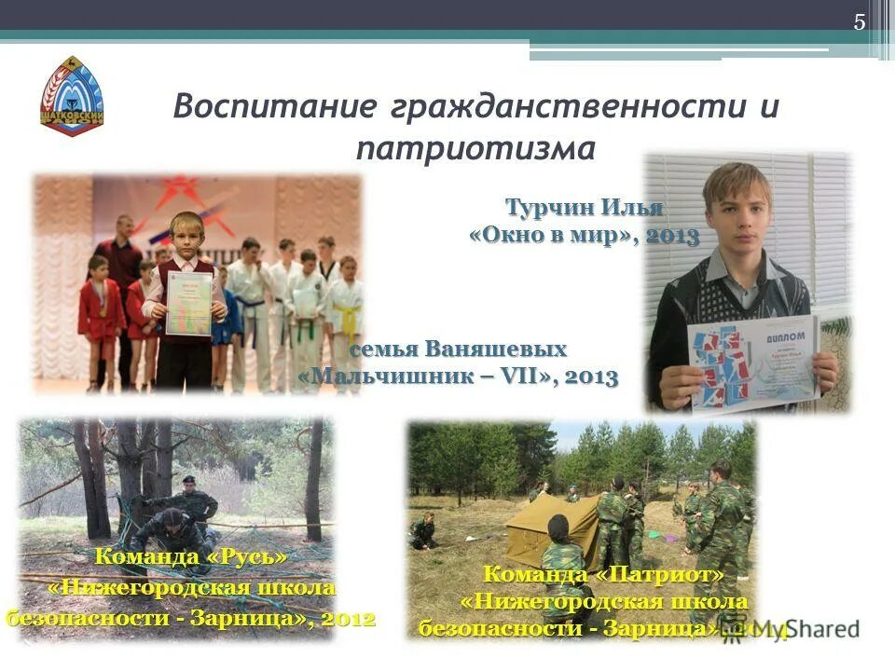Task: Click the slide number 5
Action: pyautogui.click(x=860, y=22)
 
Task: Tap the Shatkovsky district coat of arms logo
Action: pyautogui.click(x=72, y=97)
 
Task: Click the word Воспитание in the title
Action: pyautogui.click(x=275, y=105)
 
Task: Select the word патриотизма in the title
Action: pyautogui.click(x=475, y=148)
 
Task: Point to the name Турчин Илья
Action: pyautogui.click(x=585, y=206)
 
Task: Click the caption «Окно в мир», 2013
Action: pyautogui.click(x=585, y=235)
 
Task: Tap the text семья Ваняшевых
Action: pyautogui.click(x=459, y=349)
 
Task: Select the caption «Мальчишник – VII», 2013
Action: pyautogui.click(x=459, y=377)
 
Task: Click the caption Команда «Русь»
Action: pyautogui.click(x=191, y=557)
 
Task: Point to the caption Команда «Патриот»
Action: pyautogui.click(x=603, y=572)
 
